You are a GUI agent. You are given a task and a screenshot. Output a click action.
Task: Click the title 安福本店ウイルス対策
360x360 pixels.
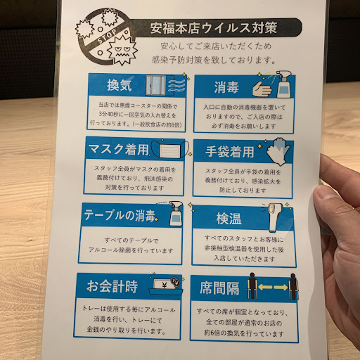point(214,28)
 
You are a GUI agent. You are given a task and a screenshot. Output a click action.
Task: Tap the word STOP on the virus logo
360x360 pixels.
point(107,37)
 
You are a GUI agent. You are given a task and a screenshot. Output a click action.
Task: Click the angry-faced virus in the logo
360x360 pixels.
point(122,50)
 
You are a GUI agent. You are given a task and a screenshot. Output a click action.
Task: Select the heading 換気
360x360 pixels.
point(120,85)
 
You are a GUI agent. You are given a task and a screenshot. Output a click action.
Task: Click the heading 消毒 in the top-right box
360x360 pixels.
point(226,87)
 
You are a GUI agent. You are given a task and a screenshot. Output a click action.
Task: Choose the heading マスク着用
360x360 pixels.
point(119,149)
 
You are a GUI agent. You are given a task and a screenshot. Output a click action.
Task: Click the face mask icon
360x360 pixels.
point(170,149)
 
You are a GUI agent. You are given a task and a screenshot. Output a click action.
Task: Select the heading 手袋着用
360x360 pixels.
point(230,152)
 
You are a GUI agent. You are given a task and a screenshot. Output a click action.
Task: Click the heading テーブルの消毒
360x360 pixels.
point(120,215)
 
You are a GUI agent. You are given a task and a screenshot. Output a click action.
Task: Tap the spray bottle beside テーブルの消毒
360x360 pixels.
point(176,213)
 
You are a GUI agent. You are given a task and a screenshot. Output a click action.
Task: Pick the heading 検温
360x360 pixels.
point(229,219)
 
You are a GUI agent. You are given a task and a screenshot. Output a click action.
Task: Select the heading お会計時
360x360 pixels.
point(112,286)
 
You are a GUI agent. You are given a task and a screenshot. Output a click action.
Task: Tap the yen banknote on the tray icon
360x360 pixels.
point(163,285)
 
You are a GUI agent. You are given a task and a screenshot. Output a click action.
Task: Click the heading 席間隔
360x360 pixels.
point(219,288)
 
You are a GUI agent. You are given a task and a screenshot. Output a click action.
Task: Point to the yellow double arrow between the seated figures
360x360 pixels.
point(273,287)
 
